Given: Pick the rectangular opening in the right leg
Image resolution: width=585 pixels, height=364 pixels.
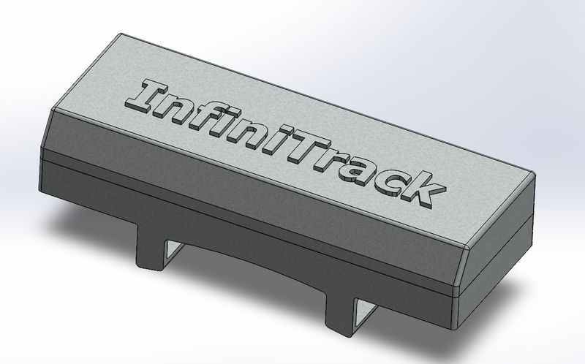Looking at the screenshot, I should tap(366, 313).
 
